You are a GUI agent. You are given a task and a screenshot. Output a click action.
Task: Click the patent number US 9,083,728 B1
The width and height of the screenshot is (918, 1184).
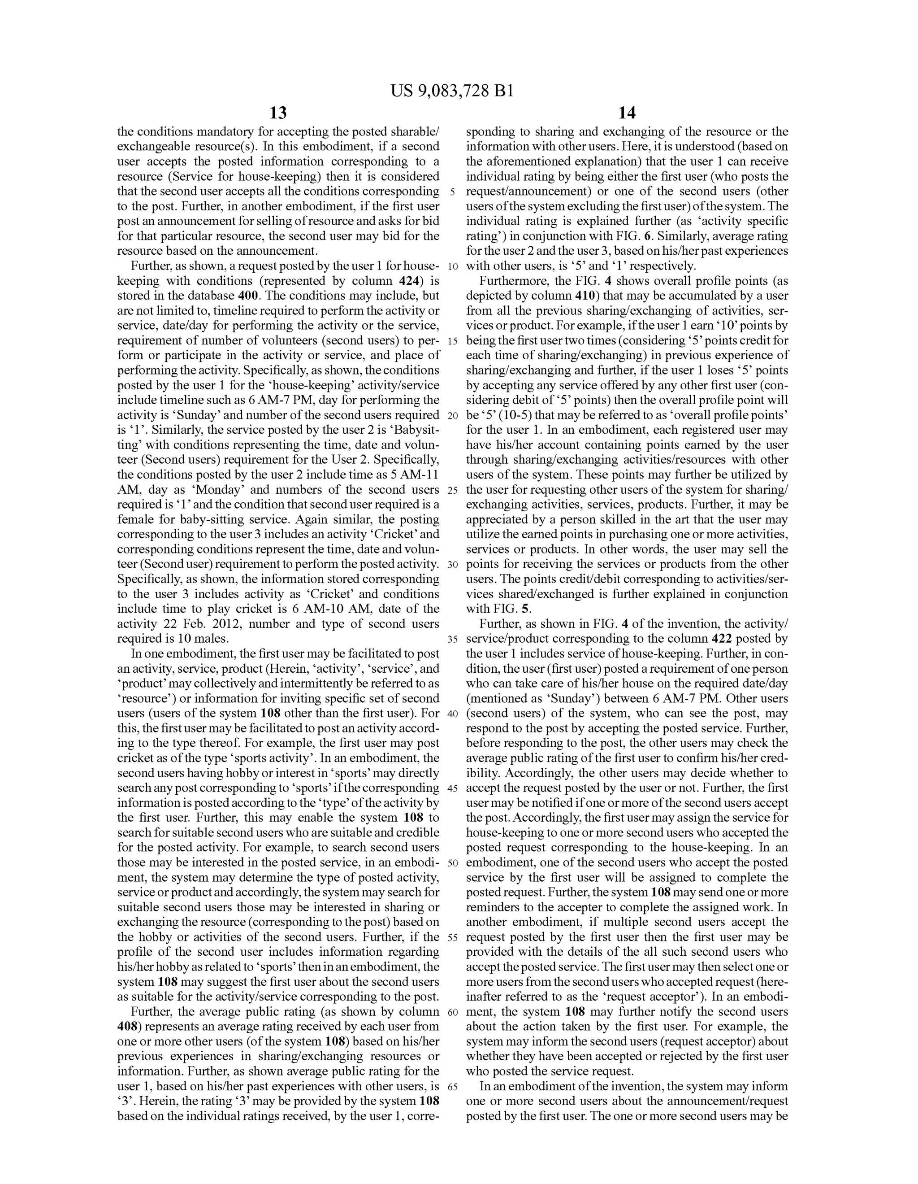[x=452, y=91]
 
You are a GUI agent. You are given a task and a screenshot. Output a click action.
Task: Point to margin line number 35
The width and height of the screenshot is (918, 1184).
[x=453, y=639]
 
